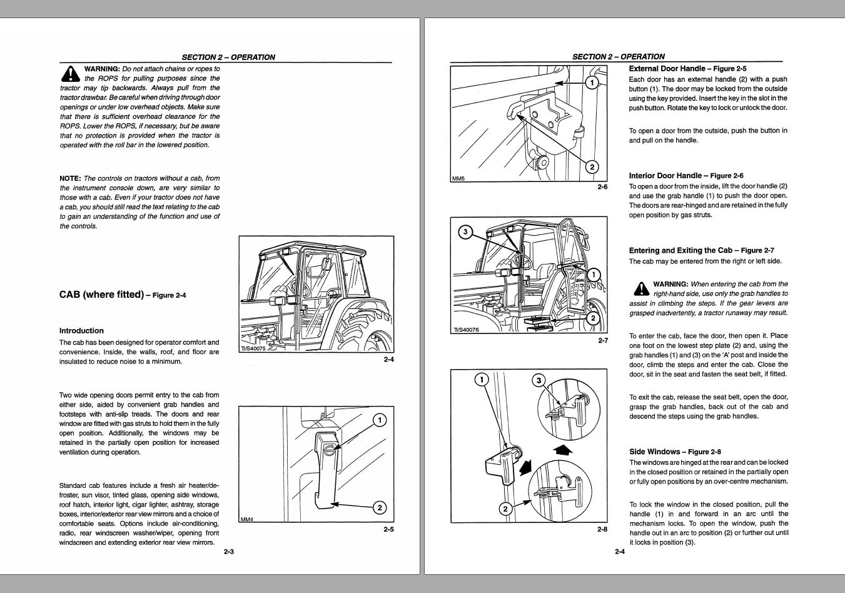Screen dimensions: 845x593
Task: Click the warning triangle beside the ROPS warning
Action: (x=70, y=74)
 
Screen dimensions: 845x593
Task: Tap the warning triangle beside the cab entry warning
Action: (x=641, y=289)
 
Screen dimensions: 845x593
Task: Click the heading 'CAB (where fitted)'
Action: (x=101, y=295)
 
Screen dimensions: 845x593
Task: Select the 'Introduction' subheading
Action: (x=81, y=331)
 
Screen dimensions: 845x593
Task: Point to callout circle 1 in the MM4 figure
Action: (x=380, y=420)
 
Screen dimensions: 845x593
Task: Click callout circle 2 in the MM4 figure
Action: (x=380, y=508)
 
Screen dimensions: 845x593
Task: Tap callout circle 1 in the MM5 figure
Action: (x=592, y=83)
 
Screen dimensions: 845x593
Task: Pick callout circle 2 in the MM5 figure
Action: (x=592, y=167)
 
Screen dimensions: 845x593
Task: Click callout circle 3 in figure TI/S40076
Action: (x=465, y=231)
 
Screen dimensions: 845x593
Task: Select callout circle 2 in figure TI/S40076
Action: (x=593, y=318)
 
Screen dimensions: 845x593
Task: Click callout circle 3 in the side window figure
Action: (x=539, y=380)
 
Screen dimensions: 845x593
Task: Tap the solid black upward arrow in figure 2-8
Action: (x=562, y=449)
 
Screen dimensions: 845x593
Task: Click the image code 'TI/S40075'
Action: (x=254, y=348)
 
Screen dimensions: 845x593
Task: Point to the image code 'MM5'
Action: (x=458, y=178)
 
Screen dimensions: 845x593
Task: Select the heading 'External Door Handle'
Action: (x=667, y=69)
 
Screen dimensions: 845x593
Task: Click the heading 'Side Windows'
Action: (x=654, y=452)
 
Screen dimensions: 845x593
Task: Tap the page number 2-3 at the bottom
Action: (x=229, y=552)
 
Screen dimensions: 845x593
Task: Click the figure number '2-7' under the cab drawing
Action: (x=603, y=341)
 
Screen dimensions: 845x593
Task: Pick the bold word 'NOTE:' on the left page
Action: (x=70, y=178)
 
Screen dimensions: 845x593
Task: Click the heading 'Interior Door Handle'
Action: (x=665, y=175)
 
